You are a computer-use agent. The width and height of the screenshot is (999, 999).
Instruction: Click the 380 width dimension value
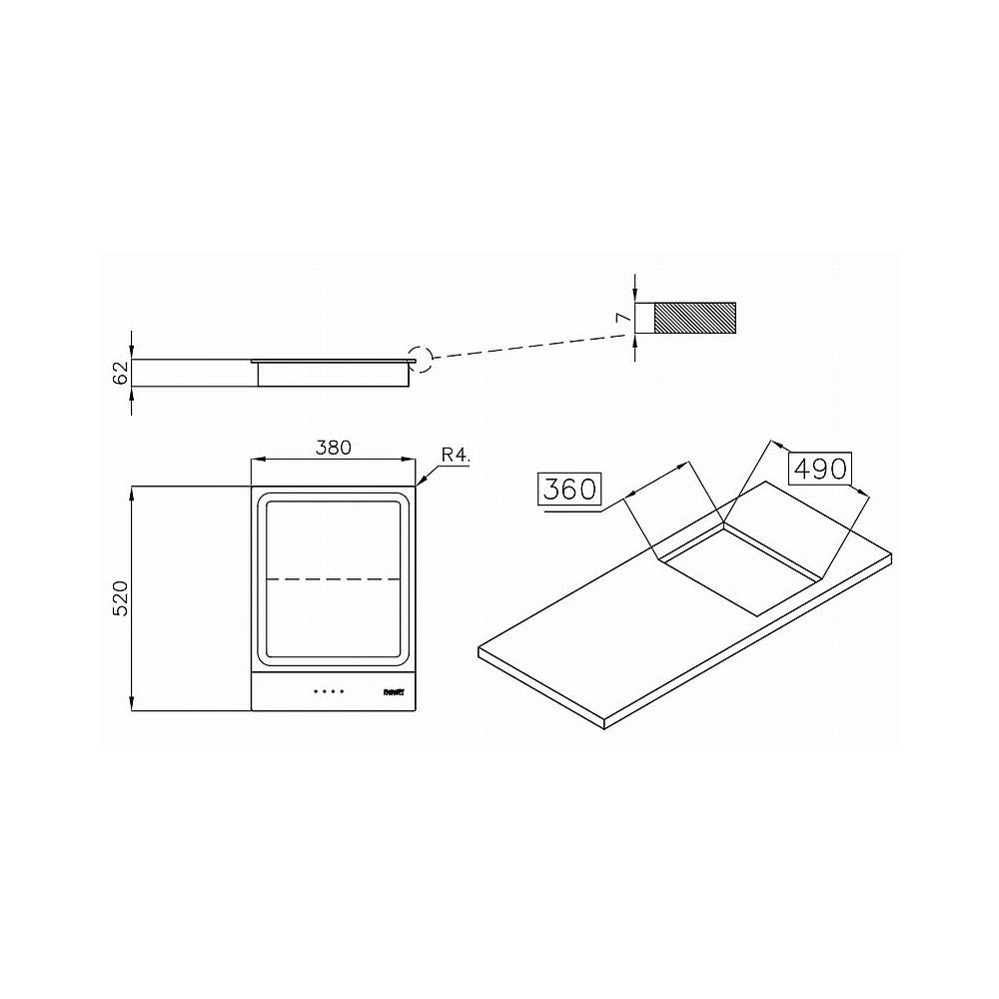[x=333, y=448]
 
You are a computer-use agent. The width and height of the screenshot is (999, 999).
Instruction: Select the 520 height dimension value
[x=120, y=598]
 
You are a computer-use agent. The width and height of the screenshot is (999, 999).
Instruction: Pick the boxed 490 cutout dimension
[x=819, y=467]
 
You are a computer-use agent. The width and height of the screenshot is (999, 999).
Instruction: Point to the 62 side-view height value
[x=120, y=373]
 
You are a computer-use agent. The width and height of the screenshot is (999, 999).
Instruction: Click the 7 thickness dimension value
[x=621, y=318]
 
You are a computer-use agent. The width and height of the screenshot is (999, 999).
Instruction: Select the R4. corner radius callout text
[x=456, y=455]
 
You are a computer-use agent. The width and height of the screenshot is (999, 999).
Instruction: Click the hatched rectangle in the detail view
[x=695, y=318]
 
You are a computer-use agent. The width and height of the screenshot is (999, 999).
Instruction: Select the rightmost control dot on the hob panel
[x=342, y=690]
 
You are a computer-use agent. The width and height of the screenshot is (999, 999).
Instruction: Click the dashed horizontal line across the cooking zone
[x=333, y=578]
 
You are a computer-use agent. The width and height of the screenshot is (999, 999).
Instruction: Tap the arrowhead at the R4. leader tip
[x=420, y=483]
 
